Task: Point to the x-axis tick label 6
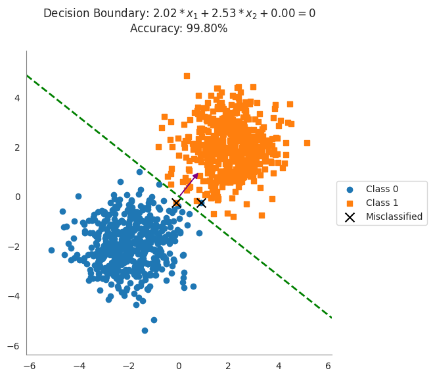coord(327,366)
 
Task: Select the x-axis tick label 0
coord(178,366)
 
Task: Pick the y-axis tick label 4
coord(17,98)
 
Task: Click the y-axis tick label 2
coord(17,147)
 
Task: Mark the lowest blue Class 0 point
coord(145,330)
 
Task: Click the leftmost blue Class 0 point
coord(51,250)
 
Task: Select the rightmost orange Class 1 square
coord(307,143)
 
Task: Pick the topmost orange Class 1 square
coord(187,76)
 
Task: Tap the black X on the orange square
coord(176,203)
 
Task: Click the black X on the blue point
coord(201,203)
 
